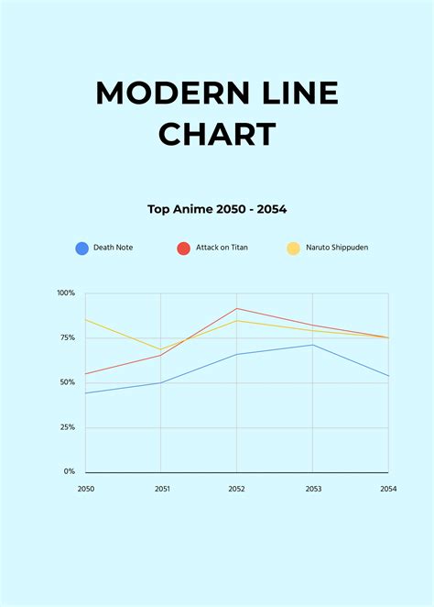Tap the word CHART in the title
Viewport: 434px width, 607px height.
tap(217, 134)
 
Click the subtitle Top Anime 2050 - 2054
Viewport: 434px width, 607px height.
tap(217, 209)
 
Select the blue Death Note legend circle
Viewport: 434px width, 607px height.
tap(82, 248)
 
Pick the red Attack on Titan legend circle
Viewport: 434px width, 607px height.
tap(183, 248)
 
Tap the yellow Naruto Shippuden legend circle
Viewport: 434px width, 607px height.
tap(293, 248)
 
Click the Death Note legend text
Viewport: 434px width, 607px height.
tap(113, 248)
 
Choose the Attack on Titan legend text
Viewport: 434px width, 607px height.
tap(222, 248)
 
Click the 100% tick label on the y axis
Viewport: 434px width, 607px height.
tap(66, 293)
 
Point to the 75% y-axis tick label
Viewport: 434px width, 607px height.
tap(68, 337)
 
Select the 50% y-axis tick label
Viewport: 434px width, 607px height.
tap(68, 382)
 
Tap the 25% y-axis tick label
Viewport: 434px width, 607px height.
tap(68, 427)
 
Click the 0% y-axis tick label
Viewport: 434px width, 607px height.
tap(70, 471)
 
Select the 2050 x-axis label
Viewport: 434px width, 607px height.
tap(85, 489)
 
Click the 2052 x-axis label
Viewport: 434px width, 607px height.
tap(237, 489)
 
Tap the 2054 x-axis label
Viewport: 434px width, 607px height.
tap(388, 489)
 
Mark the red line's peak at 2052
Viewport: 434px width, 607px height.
tap(237, 308)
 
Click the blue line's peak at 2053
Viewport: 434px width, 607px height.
tap(313, 345)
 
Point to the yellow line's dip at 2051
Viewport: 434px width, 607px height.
tap(161, 349)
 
